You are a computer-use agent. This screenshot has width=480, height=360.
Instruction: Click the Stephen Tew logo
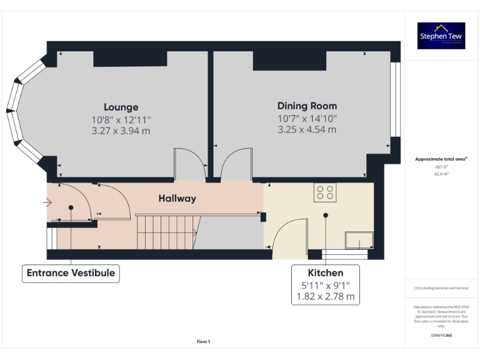pos(441,36)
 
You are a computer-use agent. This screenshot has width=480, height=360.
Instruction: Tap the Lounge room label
pos(121,107)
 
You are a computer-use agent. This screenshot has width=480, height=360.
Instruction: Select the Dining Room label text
pos(307,106)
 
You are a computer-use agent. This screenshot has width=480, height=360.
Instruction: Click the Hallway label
pos(177,198)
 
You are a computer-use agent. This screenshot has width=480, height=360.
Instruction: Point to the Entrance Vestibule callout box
pos(71,273)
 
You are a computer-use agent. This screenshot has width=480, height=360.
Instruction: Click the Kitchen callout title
pos(325,273)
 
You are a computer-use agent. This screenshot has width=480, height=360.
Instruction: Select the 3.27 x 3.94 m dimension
pos(121,131)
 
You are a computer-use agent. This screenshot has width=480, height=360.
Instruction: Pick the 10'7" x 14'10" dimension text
pos(307,118)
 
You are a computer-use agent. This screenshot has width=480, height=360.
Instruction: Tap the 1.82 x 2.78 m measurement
pos(325,297)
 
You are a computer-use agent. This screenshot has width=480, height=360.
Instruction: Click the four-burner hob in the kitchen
pos(325,192)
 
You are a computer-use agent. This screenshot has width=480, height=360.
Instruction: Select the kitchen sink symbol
pos(359,240)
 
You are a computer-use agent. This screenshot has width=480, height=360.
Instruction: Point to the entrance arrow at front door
pos(47,202)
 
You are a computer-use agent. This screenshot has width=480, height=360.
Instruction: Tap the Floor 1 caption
pos(203,341)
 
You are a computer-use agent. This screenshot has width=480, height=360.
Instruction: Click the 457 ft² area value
pos(441,167)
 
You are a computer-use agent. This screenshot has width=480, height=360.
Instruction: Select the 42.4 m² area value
pos(441,174)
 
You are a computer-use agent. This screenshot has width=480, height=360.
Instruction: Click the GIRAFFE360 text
pos(441,336)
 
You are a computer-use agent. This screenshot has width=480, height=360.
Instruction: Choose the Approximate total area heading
pos(441,159)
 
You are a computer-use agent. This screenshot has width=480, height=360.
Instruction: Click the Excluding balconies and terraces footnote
pos(441,288)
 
